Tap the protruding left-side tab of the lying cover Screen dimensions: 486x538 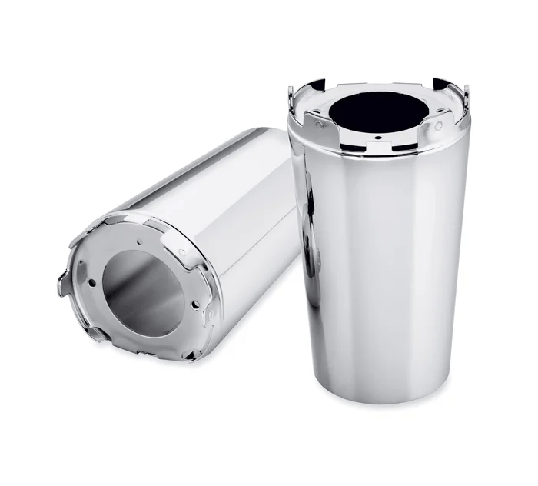(x=65, y=282)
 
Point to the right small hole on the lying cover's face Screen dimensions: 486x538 (x=194, y=305)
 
